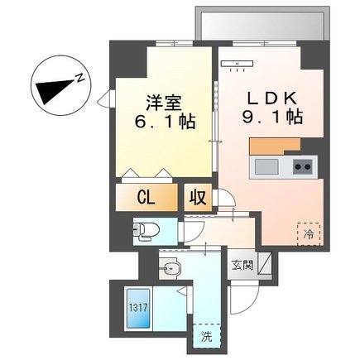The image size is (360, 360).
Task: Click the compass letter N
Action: tap(79, 78)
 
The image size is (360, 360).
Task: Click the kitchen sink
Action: tap(266, 166)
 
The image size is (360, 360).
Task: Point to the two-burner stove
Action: tap(303, 166)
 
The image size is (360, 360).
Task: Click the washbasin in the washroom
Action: tap(170, 267)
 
